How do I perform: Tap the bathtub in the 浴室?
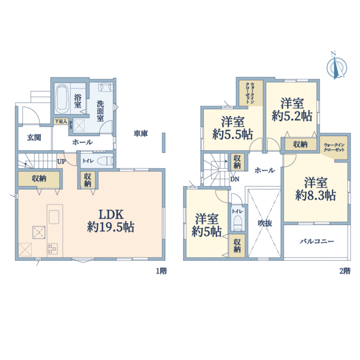pyautogui.click(x=62, y=99)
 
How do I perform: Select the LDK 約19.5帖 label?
pyautogui.click(x=111, y=221)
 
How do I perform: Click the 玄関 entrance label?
pyautogui.click(x=34, y=138)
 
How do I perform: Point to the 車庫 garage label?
pyautogui.click(x=141, y=133)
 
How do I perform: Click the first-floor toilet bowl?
pyautogui.click(x=105, y=161)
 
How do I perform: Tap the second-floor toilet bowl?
pyautogui.click(x=237, y=223)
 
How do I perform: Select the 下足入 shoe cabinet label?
pyautogui.click(x=61, y=121)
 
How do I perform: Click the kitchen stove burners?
pyautogui.click(x=53, y=249)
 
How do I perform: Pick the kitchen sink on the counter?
pyautogui.click(x=54, y=217)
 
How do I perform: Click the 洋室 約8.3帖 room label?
pyautogui.click(x=316, y=189)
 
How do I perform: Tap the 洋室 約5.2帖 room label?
pyautogui.click(x=292, y=110)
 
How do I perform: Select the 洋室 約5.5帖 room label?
pyautogui.click(x=233, y=128)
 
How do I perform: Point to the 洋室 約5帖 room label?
pyautogui.click(x=206, y=225)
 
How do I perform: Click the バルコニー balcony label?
pyautogui.click(x=317, y=242)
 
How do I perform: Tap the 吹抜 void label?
pyautogui.click(x=265, y=223)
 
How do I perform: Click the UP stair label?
pyautogui.click(x=61, y=161)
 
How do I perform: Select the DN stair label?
pyautogui.click(x=235, y=179)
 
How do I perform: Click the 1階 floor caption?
pyautogui.click(x=161, y=271)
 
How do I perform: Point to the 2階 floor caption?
pyautogui.click(x=345, y=271)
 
